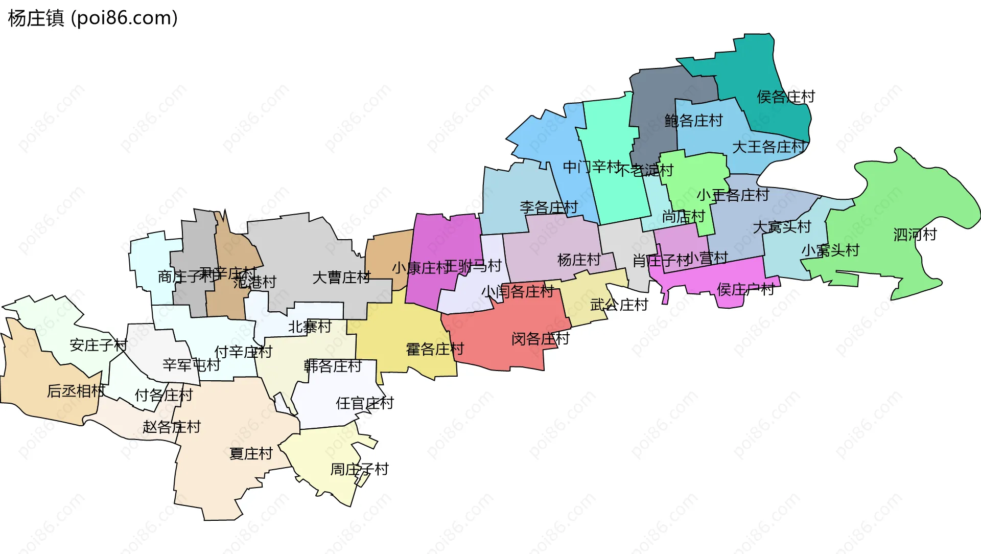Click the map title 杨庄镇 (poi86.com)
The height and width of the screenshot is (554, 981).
click(x=92, y=18)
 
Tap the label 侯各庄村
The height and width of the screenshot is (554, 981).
click(x=785, y=97)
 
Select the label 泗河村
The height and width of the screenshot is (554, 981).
click(x=915, y=235)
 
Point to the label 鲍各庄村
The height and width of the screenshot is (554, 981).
click(x=693, y=121)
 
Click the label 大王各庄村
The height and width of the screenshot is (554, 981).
click(x=768, y=147)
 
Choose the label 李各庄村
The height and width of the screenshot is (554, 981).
click(x=548, y=207)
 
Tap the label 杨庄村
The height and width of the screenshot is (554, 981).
click(x=578, y=260)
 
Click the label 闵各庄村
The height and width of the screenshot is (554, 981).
click(x=540, y=339)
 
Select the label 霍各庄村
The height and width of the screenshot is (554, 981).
click(x=434, y=350)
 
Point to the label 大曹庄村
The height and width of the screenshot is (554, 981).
click(x=341, y=278)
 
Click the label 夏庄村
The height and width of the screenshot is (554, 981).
click(x=251, y=454)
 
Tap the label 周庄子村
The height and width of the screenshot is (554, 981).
click(x=359, y=469)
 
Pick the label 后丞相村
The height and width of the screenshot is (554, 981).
click(x=76, y=391)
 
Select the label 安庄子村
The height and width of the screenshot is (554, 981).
click(x=98, y=345)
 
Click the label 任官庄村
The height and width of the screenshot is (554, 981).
click(x=364, y=403)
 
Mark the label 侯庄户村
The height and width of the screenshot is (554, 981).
click(x=745, y=290)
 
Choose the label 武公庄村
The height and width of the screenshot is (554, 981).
click(x=619, y=305)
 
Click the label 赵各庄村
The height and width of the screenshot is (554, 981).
click(x=172, y=427)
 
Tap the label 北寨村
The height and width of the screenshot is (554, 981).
click(x=310, y=327)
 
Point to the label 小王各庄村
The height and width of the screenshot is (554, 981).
click(x=733, y=195)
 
